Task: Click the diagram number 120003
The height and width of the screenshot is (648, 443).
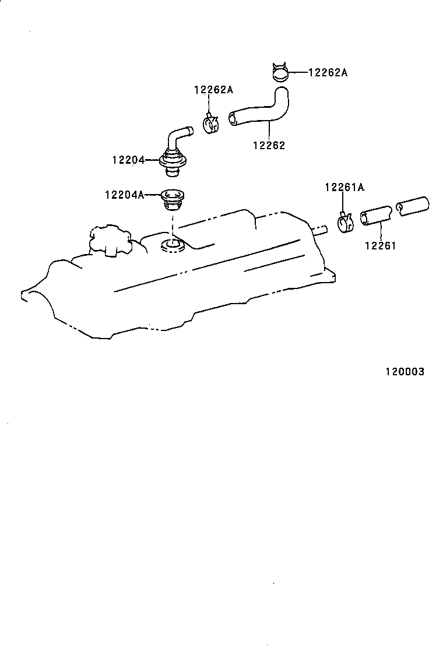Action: pyautogui.click(x=404, y=372)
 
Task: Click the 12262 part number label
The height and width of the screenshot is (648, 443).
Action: pyautogui.click(x=269, y=146)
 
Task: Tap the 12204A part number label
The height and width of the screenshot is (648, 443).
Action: pyautogui.click(x=124, y=195)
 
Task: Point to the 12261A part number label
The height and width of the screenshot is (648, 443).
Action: pyautogui.click(x=344, y=187)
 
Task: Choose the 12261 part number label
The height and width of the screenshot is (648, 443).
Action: pyautogui.click(x=380, y=246)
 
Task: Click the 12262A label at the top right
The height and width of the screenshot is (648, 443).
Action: pyautogui.click(x=328, y=73)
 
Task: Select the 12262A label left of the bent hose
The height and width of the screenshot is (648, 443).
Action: pyautogui.click(x=213, y=89)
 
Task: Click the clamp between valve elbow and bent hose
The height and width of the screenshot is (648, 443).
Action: pyautogui.click(x=210, y=124)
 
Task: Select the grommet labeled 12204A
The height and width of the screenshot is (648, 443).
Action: pyautogui.click(x=171, y=198)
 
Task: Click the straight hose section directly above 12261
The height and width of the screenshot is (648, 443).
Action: pyautogui.click(x=376, y=214)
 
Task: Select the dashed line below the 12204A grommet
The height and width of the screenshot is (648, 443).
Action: pyautogui.click(x=173, y=225)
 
